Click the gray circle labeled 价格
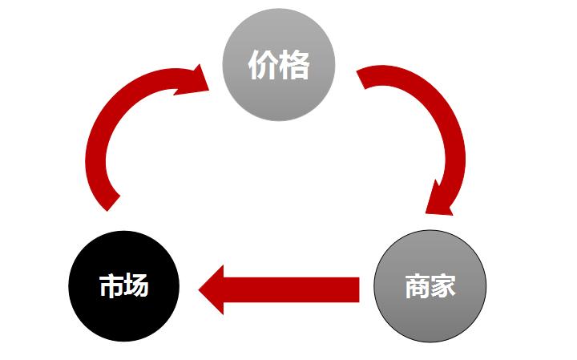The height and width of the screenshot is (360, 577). point(277,67)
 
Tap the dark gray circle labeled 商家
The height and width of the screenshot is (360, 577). point(430,286)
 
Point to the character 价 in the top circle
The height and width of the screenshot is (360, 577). point(263,67)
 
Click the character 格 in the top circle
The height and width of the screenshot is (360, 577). point(293,67)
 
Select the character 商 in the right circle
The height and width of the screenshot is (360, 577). point(417,286)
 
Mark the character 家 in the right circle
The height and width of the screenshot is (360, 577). point(443,286)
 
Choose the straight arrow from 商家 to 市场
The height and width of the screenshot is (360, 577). point(280,289)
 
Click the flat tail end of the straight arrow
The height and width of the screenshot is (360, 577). point(356,289)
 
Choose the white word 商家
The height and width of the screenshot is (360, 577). point(430,286)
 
